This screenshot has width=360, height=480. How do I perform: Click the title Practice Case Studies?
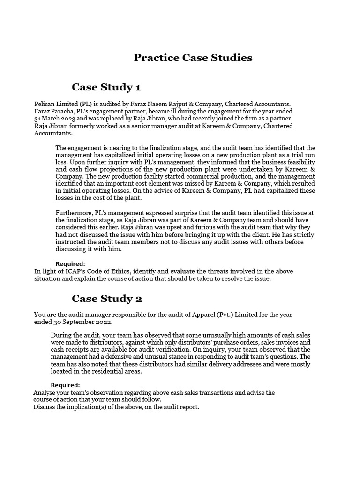coord(193,58)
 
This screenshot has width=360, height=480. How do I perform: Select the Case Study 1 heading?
coord(106,87)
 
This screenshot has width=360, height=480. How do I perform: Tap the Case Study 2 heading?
coord(106,299)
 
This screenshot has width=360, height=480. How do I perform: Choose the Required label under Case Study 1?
coord(70,264)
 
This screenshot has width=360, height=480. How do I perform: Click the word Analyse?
coord(45,392)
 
